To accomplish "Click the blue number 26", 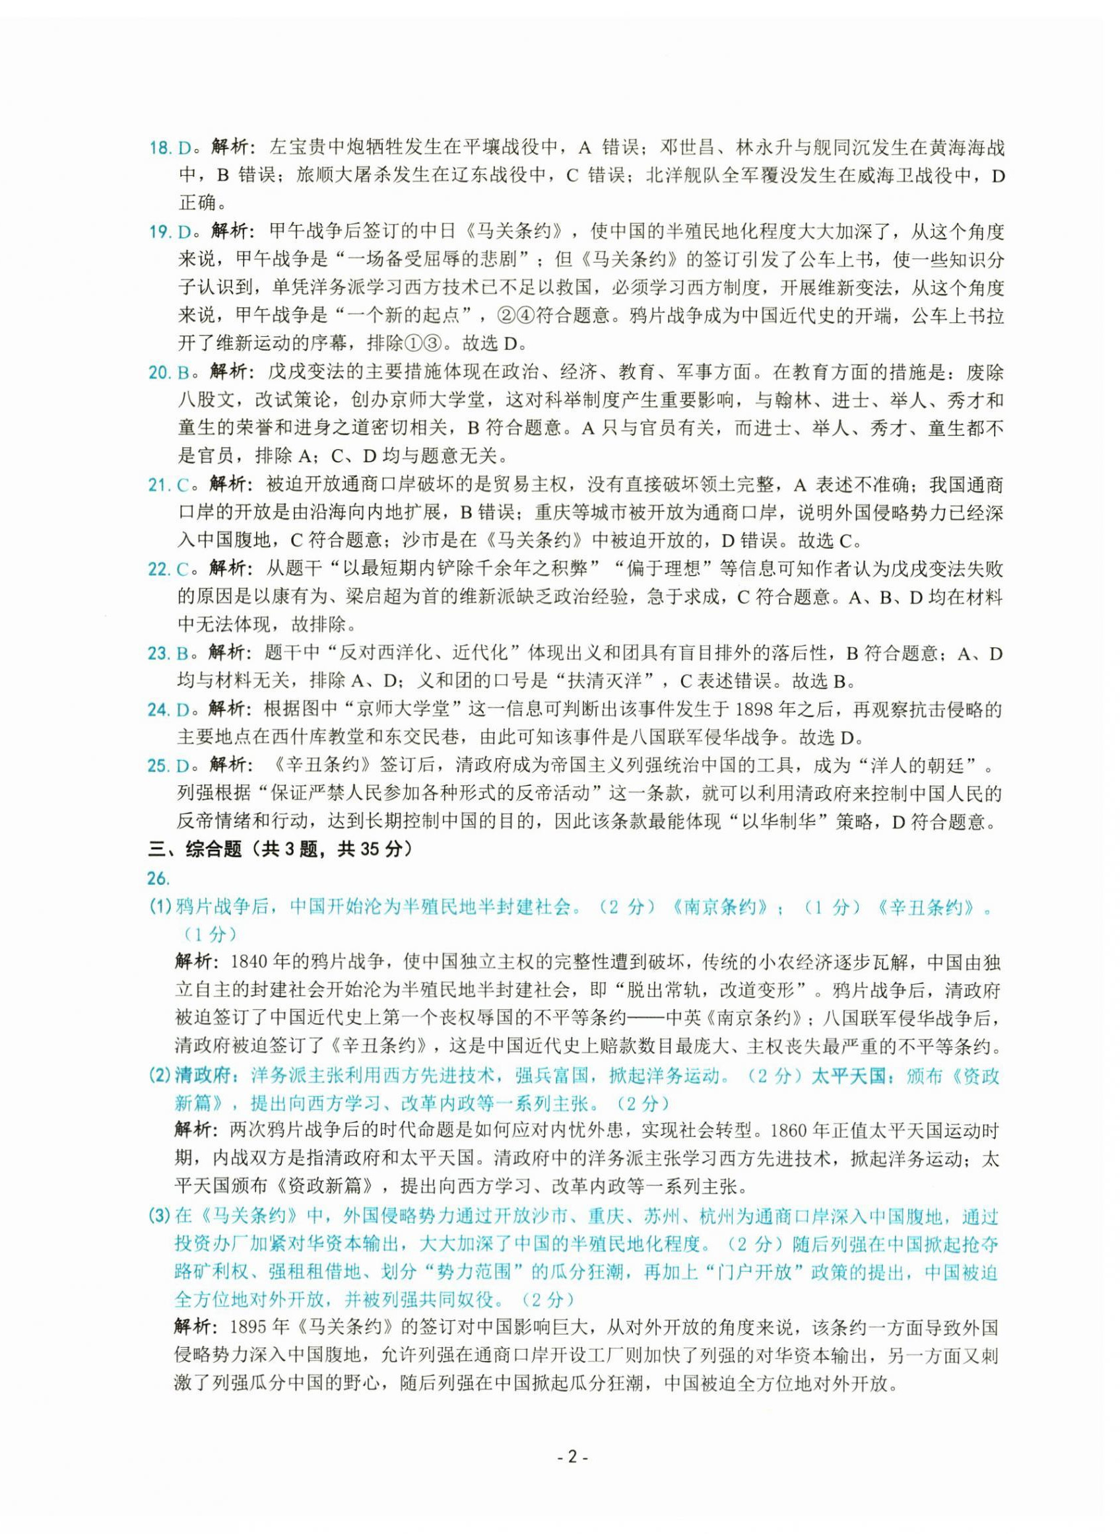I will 157,879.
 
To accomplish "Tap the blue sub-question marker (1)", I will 160,907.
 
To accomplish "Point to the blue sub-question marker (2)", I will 160,1076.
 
